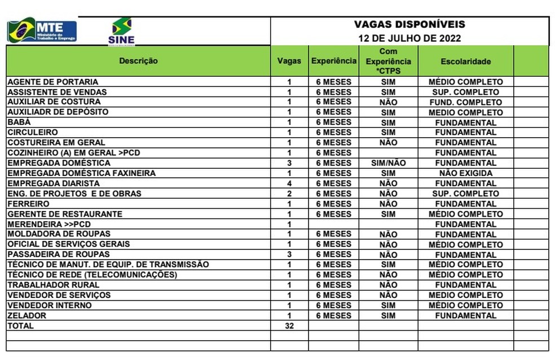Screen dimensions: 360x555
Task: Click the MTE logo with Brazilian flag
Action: [x=41, y=30]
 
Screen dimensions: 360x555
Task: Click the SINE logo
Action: [x=121, y=31]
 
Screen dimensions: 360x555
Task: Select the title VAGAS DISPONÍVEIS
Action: [x=409, y=24]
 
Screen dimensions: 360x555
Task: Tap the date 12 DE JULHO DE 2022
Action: [x=409, y=38]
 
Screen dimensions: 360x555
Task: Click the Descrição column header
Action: [x=138, y=61]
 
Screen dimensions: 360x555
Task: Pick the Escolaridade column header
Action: [x=465, y=62]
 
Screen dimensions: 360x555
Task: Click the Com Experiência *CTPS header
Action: [x=388, y=61]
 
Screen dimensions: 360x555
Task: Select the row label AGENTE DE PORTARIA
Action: [x=52, y=82]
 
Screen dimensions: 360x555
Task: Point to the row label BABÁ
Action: [x=19, y=122]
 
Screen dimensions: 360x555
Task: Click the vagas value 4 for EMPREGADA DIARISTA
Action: [x=289, y=183]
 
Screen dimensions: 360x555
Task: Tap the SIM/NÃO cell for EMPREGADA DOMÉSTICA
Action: [x=388, y=163]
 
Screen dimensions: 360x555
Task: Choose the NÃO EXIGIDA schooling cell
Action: [x=465, y=173]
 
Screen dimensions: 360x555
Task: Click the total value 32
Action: [x=289, y=326]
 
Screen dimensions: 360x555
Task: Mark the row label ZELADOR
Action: [x=27, y=315]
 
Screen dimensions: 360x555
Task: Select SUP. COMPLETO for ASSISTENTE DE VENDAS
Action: [x=465, y=92]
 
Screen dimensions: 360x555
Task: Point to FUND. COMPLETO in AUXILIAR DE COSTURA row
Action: [x=465, y=102]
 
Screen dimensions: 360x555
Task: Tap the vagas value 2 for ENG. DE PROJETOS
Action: [x=289, y=194]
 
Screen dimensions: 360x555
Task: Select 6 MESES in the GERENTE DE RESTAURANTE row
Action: [x=333, y=214]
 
